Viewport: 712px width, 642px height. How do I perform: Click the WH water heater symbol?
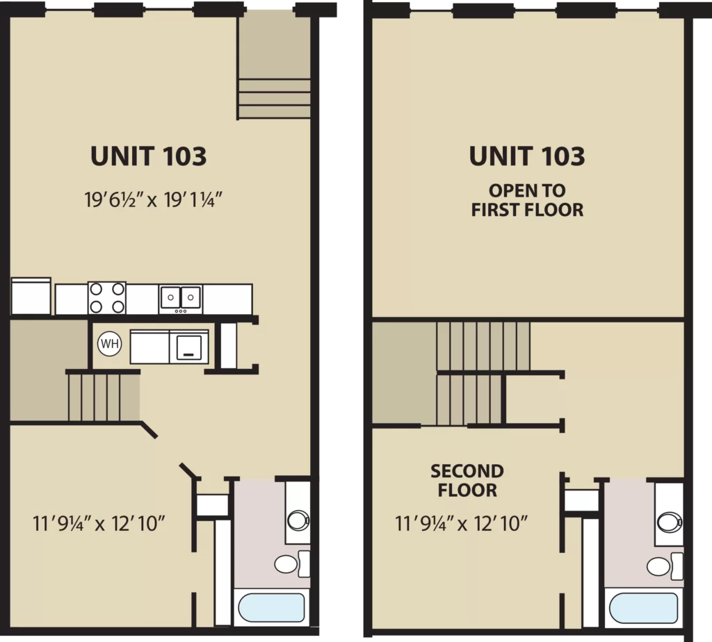(109, 343)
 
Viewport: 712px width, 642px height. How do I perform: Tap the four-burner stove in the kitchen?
(106, 297)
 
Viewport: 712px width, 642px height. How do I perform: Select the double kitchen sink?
(181, 299)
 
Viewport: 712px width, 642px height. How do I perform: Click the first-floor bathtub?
(272, 607)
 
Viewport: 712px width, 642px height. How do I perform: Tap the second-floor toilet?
(664, 566)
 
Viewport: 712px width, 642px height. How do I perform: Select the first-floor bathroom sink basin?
(298, 520)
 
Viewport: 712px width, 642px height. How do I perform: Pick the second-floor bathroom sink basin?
(670, 522)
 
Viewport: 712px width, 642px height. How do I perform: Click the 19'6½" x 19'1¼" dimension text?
(154, 199)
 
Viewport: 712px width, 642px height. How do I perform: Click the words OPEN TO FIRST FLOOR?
(527, 200)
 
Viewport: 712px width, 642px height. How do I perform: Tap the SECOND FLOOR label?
(467, 481)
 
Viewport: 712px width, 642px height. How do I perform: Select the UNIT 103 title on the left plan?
(149, 156)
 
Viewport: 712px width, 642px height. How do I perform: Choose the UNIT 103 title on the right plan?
(527, 156)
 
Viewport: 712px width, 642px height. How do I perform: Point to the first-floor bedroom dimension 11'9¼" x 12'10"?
(99, 524)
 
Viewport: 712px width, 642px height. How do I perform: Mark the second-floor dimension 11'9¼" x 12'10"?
(462, 524)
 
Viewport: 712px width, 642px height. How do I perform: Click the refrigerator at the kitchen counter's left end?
(31, 296)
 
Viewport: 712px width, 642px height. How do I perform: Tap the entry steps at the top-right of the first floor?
(274, 99)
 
